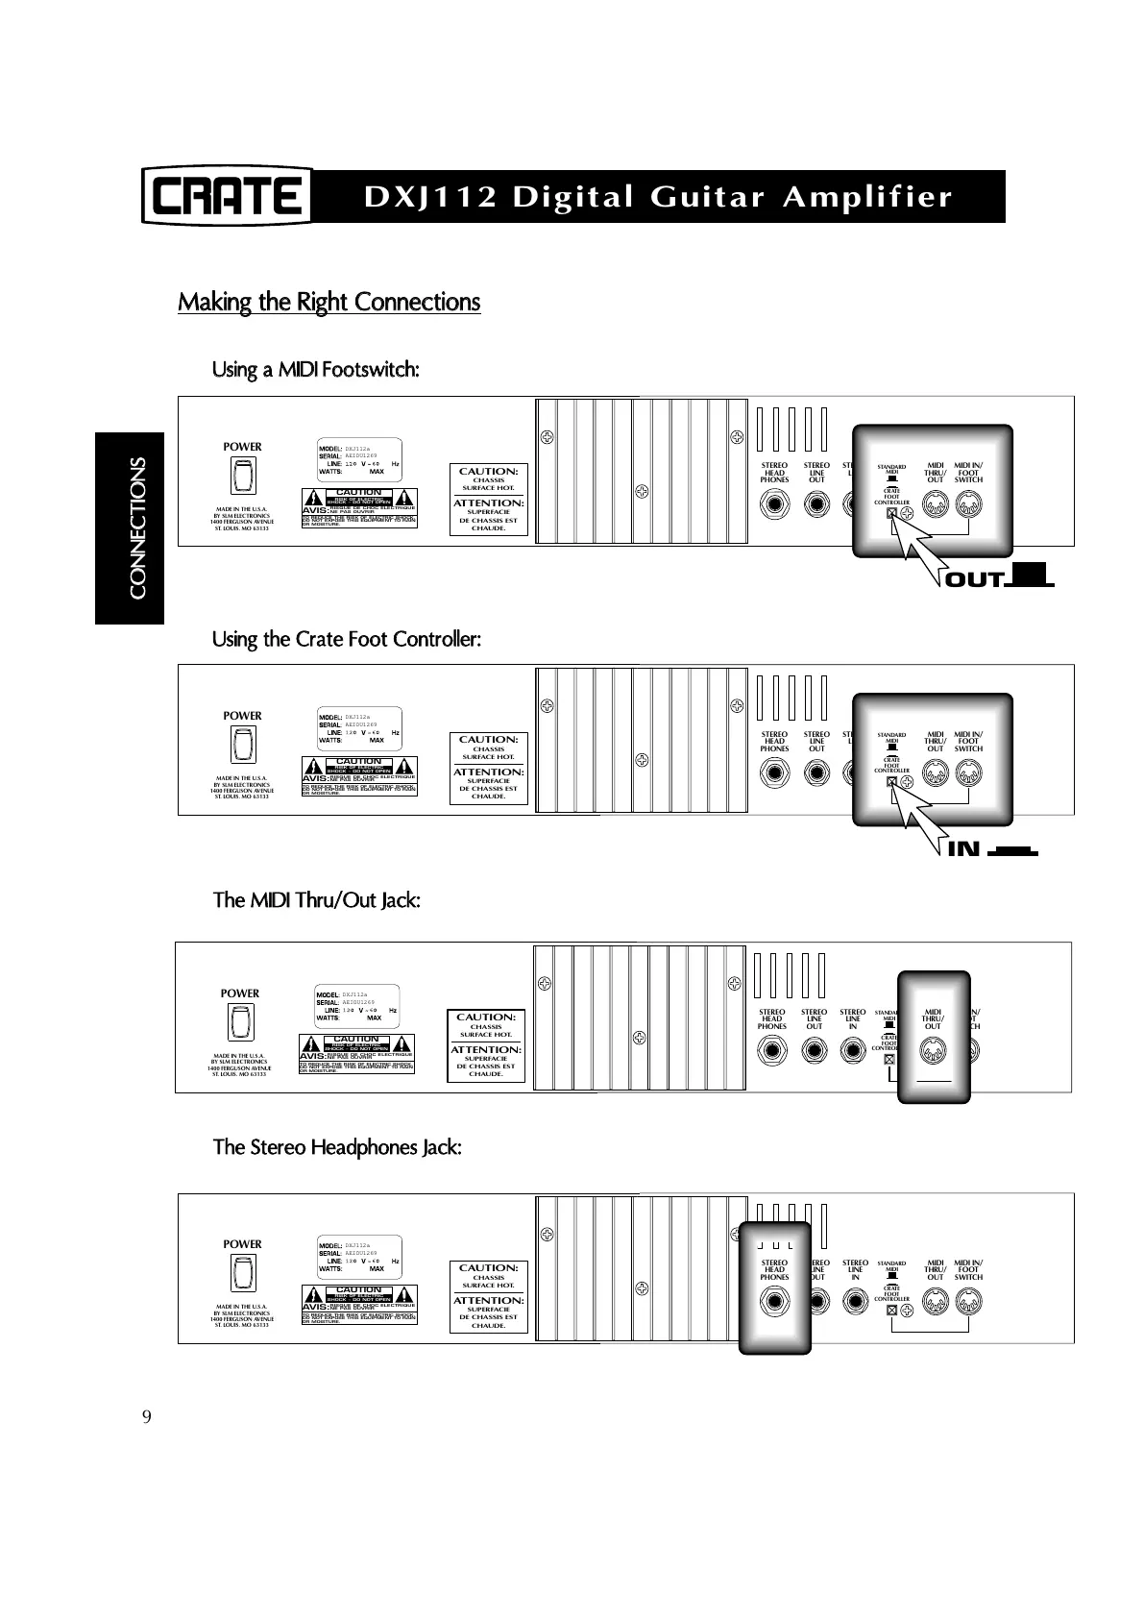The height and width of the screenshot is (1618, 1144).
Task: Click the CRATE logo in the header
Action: (228, 196)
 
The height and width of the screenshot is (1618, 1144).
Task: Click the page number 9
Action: (147, 1417)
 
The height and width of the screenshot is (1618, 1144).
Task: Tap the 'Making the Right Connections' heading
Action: (329, 302)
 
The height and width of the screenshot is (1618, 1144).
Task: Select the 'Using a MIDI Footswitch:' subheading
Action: (315, 370)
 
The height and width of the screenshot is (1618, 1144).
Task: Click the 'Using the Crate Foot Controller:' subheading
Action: (346, 639)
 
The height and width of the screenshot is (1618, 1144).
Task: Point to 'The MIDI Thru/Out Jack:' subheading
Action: (316, 900)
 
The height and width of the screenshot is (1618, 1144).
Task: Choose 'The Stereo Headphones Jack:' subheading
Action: (337, 1147)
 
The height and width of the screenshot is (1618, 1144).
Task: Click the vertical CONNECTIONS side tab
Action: (137, 527)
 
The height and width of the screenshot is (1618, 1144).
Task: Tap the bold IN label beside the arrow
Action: (963, 849)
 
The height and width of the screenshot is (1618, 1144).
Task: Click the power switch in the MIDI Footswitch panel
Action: (242, 476)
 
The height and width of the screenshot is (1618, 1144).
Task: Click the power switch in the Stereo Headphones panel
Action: (242, 1273)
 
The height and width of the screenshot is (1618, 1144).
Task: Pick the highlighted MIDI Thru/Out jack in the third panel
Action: (933, 1053)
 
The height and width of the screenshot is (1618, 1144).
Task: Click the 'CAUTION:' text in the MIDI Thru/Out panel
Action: (486, 1017)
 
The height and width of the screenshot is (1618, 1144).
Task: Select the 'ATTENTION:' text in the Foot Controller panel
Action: (489, 772)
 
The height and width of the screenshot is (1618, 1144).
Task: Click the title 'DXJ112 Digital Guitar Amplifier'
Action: (658, 197)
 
